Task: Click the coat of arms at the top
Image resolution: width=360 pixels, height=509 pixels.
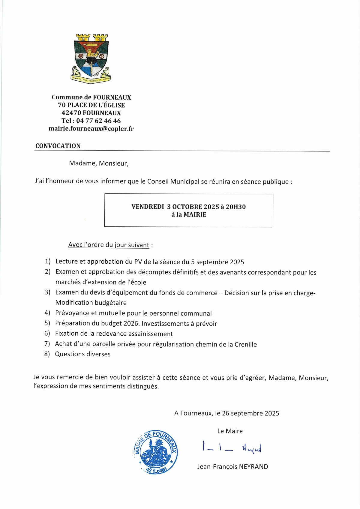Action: tap(91, 58)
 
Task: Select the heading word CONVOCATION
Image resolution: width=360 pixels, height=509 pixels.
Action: tap(58, 146)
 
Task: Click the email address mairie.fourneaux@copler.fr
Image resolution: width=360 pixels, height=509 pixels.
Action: tap(91, 129)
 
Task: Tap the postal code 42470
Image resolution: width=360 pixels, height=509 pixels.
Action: tap(71, 113)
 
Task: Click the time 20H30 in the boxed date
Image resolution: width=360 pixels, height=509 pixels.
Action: tap(235, 207)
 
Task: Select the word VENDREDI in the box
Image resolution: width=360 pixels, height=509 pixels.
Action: tap(148, 207)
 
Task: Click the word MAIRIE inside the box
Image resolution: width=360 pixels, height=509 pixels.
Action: tap(195, 215)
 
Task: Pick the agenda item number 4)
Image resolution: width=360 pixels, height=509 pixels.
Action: tap(47, 313)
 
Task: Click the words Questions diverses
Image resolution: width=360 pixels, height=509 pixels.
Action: tap(82, 354)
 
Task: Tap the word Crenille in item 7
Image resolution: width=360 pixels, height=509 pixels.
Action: tap(245, 344)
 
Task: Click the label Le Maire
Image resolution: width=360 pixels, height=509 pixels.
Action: tap(230, 431)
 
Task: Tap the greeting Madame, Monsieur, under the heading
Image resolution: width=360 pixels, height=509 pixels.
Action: tap(99, 163)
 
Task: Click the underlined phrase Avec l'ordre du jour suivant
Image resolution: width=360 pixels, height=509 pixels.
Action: tap(109, 245)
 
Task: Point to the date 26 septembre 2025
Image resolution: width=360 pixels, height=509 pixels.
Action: tap(250, 413)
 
